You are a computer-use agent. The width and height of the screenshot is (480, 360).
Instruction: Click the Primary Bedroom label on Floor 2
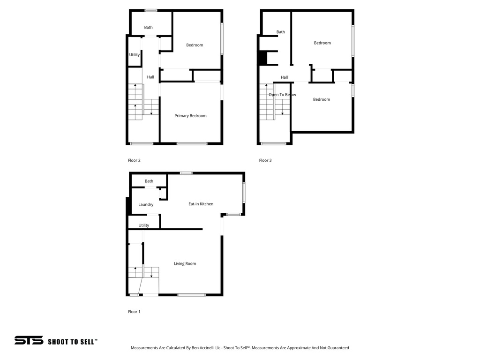[x=190, y=116]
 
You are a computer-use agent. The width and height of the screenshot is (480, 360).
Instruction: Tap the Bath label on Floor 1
[x=149, y=181]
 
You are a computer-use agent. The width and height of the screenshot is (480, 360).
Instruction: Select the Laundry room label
[x=146, y=204]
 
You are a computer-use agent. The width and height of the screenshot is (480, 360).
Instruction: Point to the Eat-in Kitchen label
[x=201, y=204]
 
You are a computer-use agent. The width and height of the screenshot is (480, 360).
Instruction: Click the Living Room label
[x=185, y=263]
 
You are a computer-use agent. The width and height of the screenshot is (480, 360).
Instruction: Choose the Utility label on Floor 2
[x=135, y=55]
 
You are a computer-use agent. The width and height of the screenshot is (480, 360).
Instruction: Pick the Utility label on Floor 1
[x=144, y=225]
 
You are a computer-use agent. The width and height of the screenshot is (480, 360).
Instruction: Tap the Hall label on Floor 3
[x=284, y=77]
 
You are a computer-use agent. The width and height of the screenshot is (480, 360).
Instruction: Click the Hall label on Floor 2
[x=150, y=77]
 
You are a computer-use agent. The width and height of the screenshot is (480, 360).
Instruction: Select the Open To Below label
[x=282, y=95]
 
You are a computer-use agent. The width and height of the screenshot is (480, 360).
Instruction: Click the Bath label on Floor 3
[x=280, y=32]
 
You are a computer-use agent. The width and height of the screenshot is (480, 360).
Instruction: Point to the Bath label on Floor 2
[x=148, y=27]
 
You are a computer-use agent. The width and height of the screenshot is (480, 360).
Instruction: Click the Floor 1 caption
[x=134, y=312]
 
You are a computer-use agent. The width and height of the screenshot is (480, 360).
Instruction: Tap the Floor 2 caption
[x=134, y=160]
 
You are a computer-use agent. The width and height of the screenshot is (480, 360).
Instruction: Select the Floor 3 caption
[x=265, y=160]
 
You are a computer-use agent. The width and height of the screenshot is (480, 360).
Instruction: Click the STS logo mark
[x=29, y=340]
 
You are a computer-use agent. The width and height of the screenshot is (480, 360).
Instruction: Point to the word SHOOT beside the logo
[x=59, y=342]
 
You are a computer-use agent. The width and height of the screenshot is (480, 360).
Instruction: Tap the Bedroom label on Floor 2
[x=195, y=45]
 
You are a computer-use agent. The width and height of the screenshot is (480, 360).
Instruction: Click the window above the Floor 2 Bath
[x=150, y=10]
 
